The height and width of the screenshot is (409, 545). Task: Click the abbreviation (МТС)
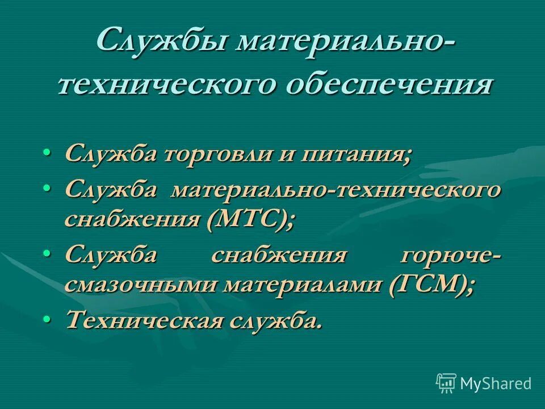tap(251, 219)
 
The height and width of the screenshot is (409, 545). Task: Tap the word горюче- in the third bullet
tap(451, 254)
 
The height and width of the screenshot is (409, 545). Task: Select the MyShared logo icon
tap(446, 382)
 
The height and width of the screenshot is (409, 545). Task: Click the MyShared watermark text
tap(496, 383)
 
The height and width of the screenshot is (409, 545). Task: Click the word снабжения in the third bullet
tap(279, 254)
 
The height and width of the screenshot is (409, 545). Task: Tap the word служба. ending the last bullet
tap(275, 320)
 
